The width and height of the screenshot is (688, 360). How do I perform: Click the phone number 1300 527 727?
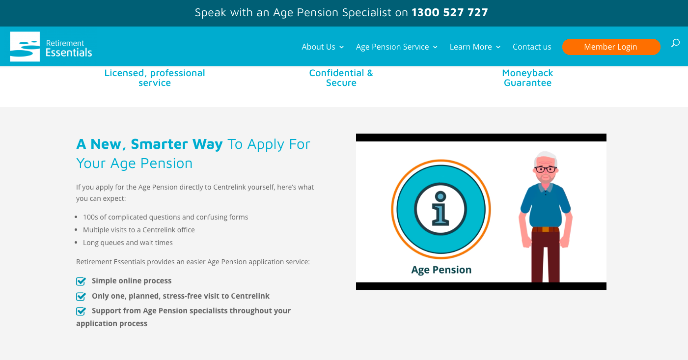[450, 12]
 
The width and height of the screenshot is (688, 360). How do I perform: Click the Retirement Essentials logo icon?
[25, 47]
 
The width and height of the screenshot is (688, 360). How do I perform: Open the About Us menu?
[323, 47]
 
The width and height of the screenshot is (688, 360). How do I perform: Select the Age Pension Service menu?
[396, 47]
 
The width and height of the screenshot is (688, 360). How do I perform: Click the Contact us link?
[532, 47]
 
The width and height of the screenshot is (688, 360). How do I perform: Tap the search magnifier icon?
[675, 43]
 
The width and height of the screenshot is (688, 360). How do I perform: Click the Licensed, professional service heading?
[155, 78]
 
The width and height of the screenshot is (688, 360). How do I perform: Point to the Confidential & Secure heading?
[341, 78]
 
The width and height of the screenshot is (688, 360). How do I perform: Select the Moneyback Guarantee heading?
[527, 78]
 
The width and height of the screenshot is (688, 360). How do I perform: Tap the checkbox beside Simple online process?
[81, 281]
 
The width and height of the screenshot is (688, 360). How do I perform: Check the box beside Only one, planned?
[81, 296]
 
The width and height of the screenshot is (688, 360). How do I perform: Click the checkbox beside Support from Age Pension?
[81, 311]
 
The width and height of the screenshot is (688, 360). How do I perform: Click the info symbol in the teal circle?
[440, 209]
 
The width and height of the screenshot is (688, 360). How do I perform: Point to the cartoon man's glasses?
[546, 169]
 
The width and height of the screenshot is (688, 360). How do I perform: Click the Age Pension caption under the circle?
[441, 270]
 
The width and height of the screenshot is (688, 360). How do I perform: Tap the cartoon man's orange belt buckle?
[546, 229]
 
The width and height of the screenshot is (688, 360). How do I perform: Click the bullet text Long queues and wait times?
[128, 243]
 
